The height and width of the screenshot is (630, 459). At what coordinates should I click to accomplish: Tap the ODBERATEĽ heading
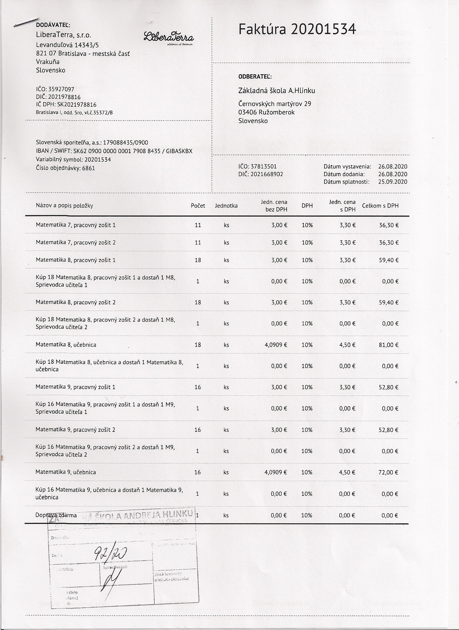pyautogui.click(x=255, y=77)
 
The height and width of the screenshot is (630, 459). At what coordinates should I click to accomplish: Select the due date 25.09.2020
pyautogui.click(x=393, y=182)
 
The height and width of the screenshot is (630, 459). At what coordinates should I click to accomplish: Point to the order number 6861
pyautogui.click(x=88, y=168)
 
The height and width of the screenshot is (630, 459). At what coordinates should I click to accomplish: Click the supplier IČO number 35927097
pyautogui.click(x=61, y=89)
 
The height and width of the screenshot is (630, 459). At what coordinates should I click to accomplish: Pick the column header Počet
pyautogui.click(x=198, y=206)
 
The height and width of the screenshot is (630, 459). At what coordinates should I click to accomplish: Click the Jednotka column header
pyautogui.click(x=226, y=206)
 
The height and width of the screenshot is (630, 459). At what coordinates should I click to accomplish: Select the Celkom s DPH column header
pyautogui.click(x=380, y=206)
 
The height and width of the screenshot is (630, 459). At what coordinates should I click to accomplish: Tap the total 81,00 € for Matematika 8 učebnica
pyautogui.click(x=389, y=345)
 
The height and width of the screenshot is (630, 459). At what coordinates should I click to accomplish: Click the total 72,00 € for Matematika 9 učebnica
pyautogui.click(x=388, y=472)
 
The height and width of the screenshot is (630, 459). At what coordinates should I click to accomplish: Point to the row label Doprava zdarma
pyautogui.click(x=56, y=515)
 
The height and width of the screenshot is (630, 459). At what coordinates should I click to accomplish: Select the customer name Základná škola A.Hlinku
pyautogui.click(x=276, y=90)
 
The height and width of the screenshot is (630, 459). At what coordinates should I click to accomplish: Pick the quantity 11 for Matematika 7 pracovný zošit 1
pyautogui.click(x=198, y=225)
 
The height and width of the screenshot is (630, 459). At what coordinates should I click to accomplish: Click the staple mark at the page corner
pyautogui.click(x=26, y=22)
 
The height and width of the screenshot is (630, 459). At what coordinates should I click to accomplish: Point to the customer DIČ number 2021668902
pyautogui.click(x=267, y=174)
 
